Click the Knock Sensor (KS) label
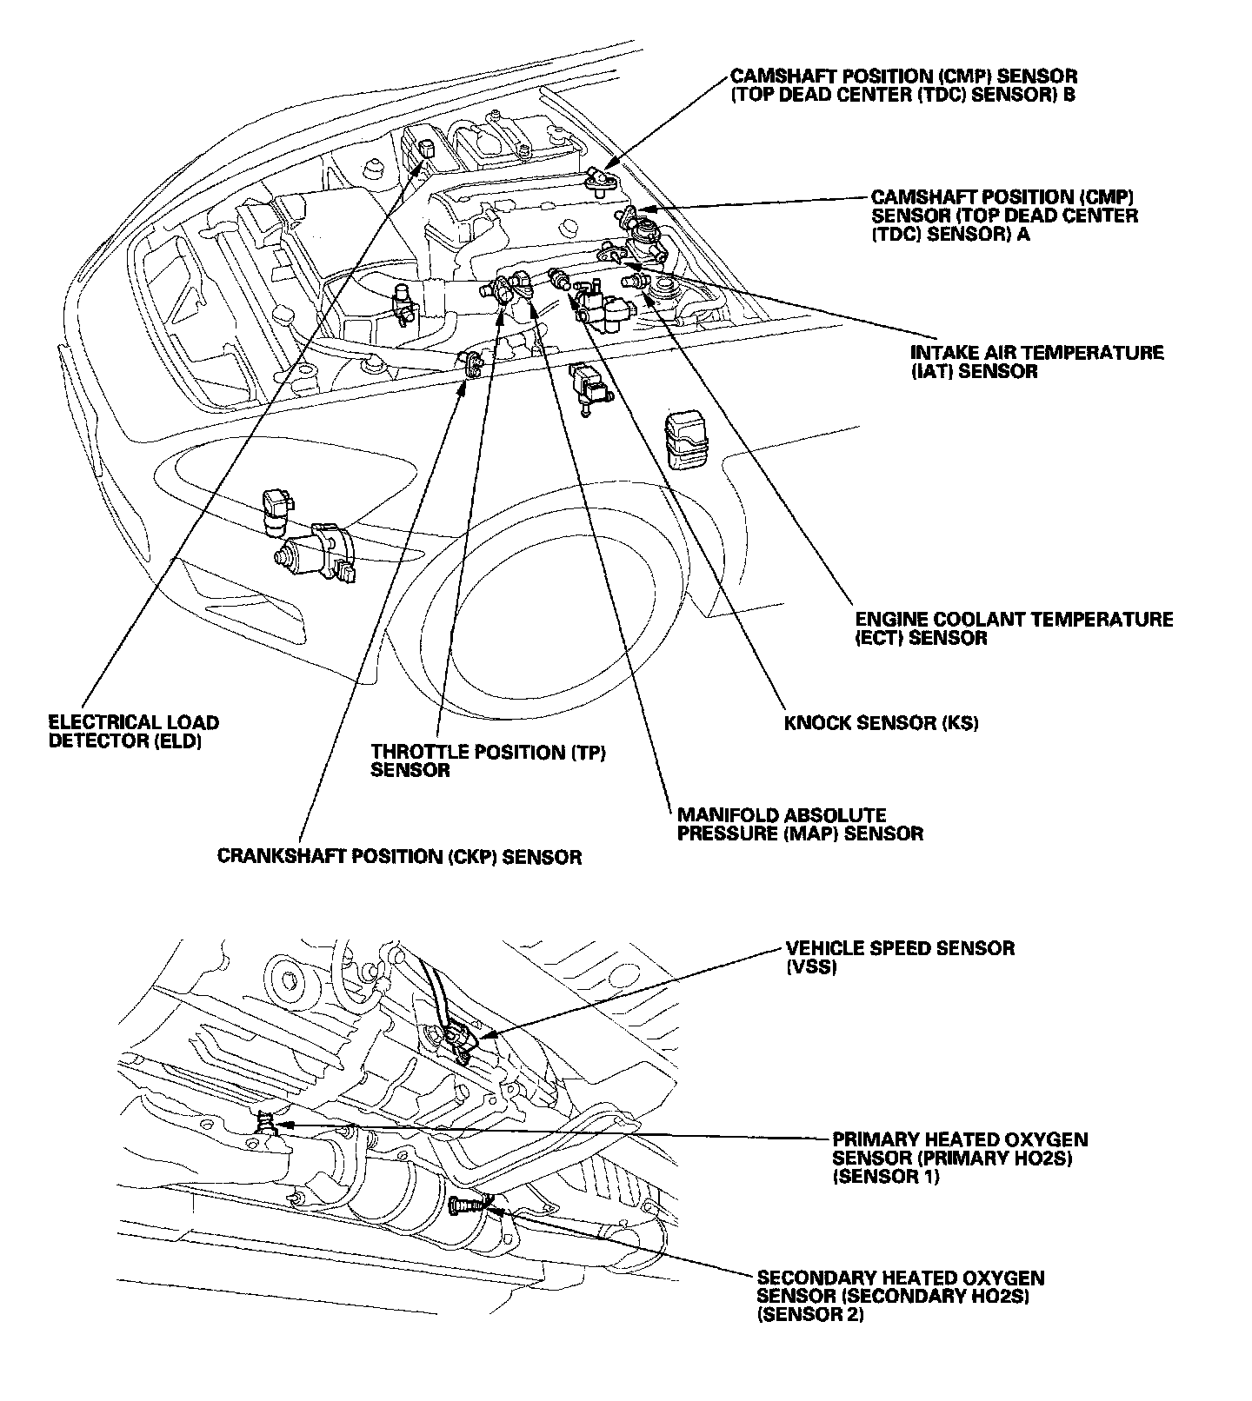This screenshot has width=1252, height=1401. (x=881, y=723)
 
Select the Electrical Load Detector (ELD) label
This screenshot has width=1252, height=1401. (x=133, y=732)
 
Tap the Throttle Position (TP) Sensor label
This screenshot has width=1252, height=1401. (x=488, y=760)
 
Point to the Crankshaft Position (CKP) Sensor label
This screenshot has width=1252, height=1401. (x=399, y=857)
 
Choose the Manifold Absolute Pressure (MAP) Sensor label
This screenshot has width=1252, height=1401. (x=799, y=824)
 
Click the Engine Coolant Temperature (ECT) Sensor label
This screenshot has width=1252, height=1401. (x=1014, y=628)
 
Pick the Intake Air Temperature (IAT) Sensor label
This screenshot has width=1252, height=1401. (x=1036, y=362)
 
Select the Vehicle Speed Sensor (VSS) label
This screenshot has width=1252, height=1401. (x=900, y=956)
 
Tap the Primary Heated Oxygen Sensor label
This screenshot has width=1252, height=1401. (x=960, y=1158)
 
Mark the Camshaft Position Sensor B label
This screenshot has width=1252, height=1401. (x=903, y=85)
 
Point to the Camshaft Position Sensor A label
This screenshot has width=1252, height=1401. (x=1004, y=216)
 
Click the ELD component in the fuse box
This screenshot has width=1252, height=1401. (x=427, y=149)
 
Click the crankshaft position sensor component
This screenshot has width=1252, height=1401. (x=473, y=366)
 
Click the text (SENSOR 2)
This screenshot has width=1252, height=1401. (x=811, y=1315)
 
